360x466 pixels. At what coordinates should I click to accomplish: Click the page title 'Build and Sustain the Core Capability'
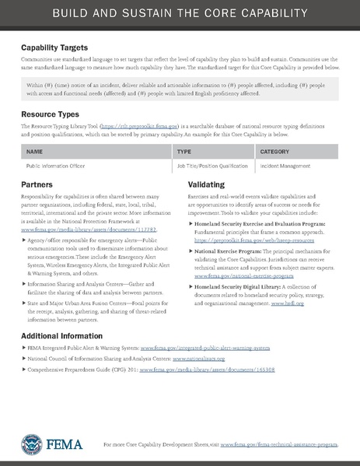[180, 15]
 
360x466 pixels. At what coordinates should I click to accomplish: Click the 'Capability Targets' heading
[54, 48]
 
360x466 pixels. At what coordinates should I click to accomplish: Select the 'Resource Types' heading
[49, 113]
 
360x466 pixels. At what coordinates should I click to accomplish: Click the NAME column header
[34, 152]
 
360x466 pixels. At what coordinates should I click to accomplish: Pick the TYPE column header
[184, 152]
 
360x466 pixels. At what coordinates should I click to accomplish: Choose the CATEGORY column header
[274, 152]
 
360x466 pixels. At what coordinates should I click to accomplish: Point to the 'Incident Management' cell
[285, 166]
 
